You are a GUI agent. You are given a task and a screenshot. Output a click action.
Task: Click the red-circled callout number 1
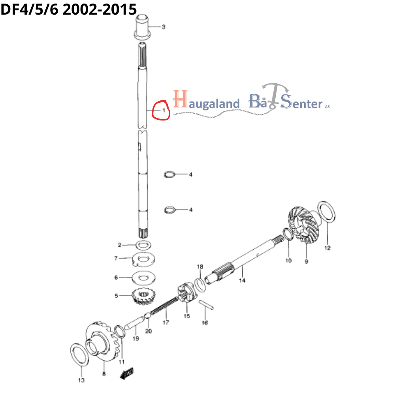tap(164, 110)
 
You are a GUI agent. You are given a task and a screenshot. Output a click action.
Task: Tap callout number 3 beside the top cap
tap(164, 27)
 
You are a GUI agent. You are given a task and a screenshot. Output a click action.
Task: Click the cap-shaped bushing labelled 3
tap(142, 27)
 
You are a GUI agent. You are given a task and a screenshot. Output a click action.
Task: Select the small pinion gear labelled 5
tap(144, 297)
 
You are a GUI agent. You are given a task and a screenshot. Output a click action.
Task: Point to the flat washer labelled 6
tap(144, 278)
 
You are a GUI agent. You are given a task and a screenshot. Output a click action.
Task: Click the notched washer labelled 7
tap(144, 260)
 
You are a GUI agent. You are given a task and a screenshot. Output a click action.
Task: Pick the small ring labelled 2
tap(143, 245)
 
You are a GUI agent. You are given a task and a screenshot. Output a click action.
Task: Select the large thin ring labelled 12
tap(327, 212)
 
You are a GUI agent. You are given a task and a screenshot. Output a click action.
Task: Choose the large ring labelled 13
tap(80, 354)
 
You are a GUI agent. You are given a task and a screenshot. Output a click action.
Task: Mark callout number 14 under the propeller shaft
tap(242, 280)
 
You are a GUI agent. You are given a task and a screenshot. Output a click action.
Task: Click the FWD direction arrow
tap(127, 373)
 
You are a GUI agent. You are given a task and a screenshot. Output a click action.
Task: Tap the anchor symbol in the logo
tap(275, 96)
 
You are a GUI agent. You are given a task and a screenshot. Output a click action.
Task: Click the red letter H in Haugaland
tap(181, 99)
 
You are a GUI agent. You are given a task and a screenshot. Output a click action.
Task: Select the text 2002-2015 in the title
tap(100, 9)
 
